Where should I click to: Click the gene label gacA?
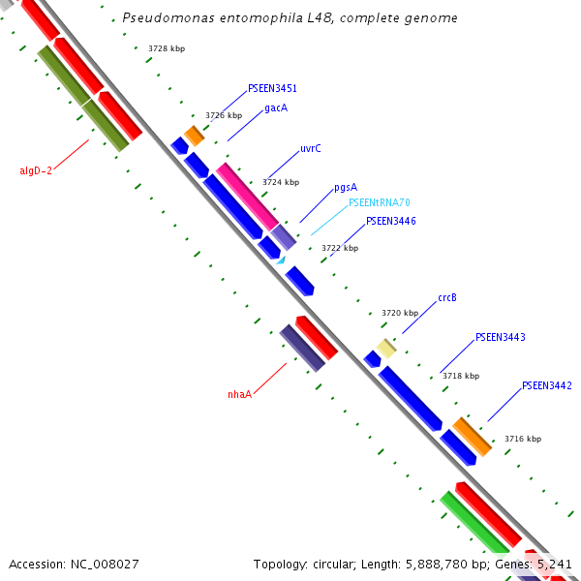point(276,108)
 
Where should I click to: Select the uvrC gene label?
point(311,148)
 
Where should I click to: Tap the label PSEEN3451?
point(272,88)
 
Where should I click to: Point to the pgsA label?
point(346,187)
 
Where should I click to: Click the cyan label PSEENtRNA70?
point(380,203)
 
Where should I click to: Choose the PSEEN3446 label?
point(391,221)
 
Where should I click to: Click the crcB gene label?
point(447,298)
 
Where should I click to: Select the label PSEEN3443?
point(501,337)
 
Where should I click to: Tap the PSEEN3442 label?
point(547,385)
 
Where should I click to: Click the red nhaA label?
point(239,394)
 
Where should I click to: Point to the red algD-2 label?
point(36,170)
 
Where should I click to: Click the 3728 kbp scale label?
point(167,48)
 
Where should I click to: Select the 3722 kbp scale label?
point(340,248)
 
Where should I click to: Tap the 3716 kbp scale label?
point(523,439)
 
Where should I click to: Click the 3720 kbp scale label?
point(400,313)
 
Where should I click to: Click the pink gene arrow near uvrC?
point(246,196)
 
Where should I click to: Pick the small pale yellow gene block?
point(386,349)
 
